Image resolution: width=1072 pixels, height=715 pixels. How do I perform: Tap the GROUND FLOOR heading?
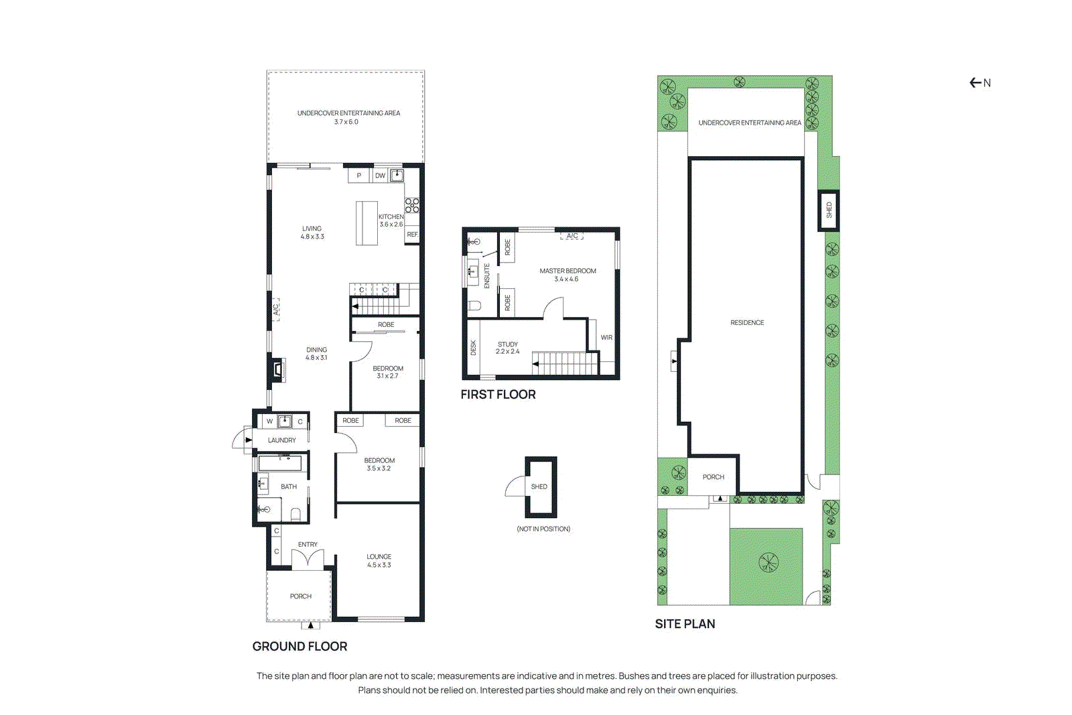[x=299, y=647]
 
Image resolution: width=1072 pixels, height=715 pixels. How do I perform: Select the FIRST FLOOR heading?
[x=498, y=395]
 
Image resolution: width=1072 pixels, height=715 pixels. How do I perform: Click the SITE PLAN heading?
[x=685, y=624]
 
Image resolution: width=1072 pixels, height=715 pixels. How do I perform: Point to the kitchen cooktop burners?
[x=412, y=205]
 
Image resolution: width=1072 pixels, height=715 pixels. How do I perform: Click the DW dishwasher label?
[x=380, y=176]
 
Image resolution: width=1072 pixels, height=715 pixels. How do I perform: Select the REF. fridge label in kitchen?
[x=412, y=235]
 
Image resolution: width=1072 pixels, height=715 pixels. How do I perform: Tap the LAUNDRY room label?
[x=281, y=440]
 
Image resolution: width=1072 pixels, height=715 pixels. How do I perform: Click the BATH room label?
[x=289, y=486]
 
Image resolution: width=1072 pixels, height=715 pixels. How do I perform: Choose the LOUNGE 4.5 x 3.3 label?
[x=379, y=561]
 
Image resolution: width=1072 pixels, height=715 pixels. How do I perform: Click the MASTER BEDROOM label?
[x=567, y=271]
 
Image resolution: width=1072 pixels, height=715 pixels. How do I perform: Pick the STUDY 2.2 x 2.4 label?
[x=507, y=348]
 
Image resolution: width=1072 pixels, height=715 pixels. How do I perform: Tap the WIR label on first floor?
[x=606, y=338]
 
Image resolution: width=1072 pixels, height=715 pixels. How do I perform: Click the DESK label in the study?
[x=473, y=348]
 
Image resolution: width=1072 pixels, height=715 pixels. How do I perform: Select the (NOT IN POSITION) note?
[x=543, y=529]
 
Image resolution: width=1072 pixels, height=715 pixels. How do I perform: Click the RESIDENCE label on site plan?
[x=747, y=323]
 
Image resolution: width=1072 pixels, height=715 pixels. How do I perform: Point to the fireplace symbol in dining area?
[x=277, y=369]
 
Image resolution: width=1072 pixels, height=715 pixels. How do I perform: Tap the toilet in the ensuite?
[x=475, y=306]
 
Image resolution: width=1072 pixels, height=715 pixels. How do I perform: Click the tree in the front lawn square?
[x=768, y=562]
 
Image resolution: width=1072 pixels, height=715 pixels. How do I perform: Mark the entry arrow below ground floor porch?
[x=310, y=626]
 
